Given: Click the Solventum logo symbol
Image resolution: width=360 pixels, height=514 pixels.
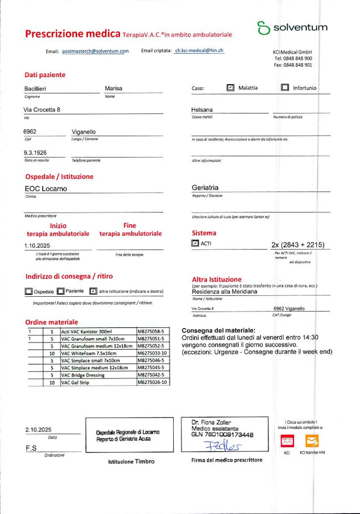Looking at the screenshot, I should pos(263,28).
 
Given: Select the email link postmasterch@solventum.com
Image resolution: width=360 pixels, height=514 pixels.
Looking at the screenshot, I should pos(95,51).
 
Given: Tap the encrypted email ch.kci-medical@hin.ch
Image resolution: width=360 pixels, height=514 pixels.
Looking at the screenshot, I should pos(199,51).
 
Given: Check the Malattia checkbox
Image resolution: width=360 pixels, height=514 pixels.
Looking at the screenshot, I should pos(230,88).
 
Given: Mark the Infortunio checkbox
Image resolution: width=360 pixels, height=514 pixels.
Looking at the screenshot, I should pos(285,88).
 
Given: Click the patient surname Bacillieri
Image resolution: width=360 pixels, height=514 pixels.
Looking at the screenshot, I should pos(35,89).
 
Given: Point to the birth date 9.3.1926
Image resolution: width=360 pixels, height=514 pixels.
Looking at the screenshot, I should pos(35,153).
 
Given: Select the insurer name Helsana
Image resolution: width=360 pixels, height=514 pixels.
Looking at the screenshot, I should pos(202,110).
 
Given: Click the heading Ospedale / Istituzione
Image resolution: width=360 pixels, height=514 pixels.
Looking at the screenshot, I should pos(59,176).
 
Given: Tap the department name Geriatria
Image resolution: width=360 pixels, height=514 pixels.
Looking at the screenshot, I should pos(205,187).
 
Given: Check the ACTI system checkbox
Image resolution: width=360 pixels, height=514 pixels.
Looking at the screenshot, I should pos(195,244).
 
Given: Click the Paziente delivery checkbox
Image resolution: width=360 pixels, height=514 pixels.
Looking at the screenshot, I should pos(60,291).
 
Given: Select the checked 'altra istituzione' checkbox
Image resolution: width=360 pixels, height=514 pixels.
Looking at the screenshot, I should pos(93,291).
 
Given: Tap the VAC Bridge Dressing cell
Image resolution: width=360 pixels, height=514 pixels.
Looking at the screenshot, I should pos(82,375).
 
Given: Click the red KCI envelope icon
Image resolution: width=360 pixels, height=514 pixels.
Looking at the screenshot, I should pos(287,440).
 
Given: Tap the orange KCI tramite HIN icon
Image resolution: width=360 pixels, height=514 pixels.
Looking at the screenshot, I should pos(312,440).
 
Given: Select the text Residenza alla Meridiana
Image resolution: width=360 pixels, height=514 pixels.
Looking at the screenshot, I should pos(225,292).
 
